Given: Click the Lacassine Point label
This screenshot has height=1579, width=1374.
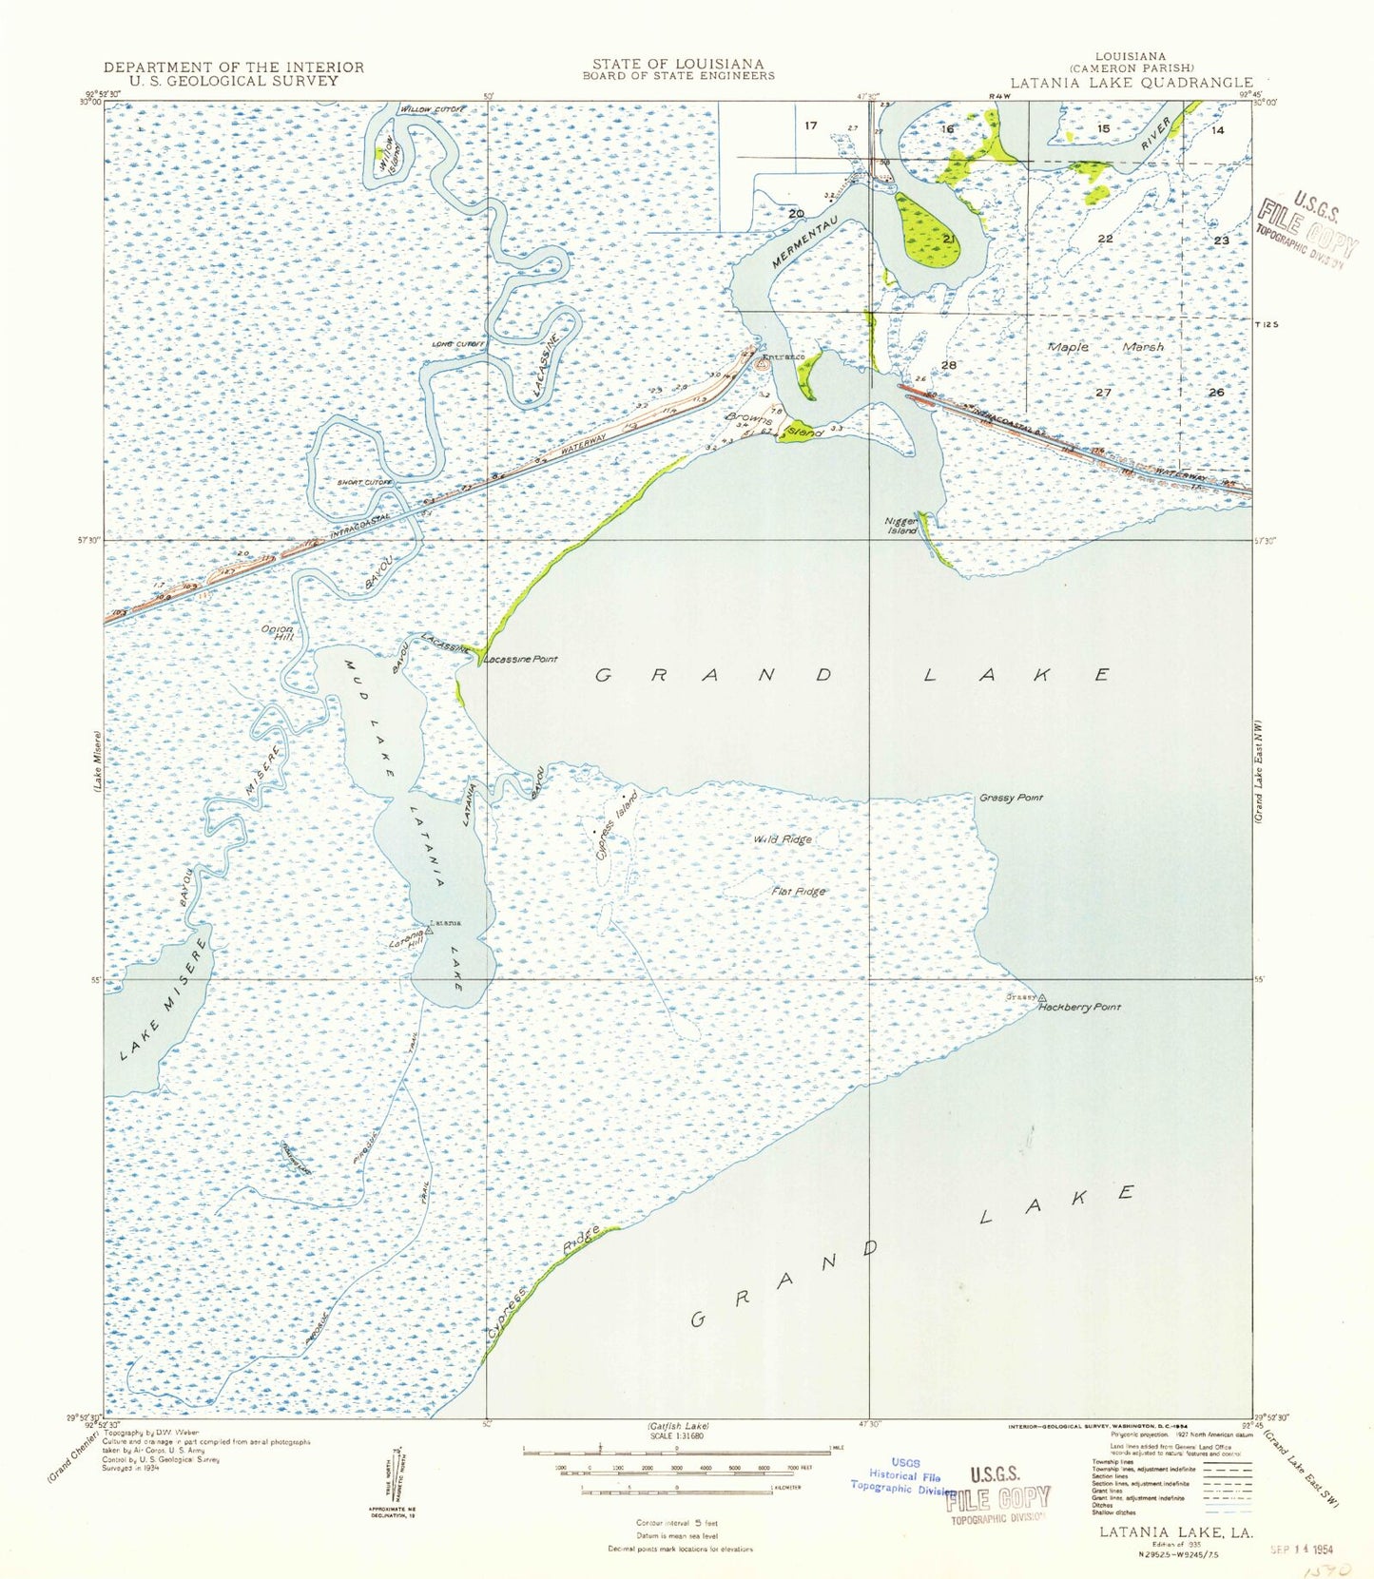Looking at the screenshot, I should click(x=521, y=659).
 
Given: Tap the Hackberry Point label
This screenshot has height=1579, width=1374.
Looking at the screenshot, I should click(x=1079, y=1007).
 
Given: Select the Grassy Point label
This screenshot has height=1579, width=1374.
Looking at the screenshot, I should click(x=1011, y=798).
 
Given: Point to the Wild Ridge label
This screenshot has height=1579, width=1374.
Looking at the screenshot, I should click(x=783, y=838).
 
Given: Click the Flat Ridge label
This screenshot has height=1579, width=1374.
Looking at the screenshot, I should click(x=798, y=892).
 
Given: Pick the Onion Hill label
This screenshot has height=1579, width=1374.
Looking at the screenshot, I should click(x=278, y=632).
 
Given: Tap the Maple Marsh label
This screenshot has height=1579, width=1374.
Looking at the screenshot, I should click(x=1105, y=347).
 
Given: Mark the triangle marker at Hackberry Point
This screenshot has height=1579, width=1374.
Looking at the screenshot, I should click(x=1041, y=997).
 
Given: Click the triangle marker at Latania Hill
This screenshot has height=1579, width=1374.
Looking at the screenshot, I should click(x=428, y=932).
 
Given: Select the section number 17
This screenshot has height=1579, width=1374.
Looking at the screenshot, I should click(x=810, y=125).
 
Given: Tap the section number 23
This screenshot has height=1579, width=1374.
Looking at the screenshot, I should click(x=1220, y=241).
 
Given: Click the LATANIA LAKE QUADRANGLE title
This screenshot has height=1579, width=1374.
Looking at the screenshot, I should click(x=1131, y=83).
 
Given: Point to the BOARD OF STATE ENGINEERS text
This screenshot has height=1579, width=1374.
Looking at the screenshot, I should click(x=678, y=76).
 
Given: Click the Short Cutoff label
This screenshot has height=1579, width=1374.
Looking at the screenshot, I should click(x=365, y=483).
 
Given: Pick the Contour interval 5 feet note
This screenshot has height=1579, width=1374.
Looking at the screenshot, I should click(x=677, y=1523).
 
